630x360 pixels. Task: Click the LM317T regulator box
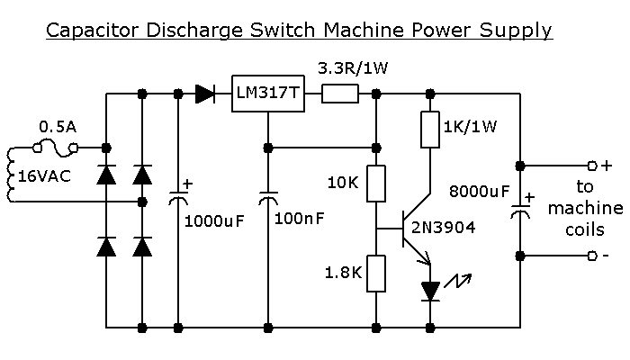pos(268,94)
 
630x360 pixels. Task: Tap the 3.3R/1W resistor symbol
pos(340,94)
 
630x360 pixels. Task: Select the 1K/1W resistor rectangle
pos(430,130)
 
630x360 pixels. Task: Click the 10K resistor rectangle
pos(376,184)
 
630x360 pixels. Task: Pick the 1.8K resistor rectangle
pos(376,274)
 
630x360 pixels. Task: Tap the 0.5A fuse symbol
pos(55,148)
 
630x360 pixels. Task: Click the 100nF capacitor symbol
pos(268,199)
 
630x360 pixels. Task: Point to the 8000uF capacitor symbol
pos(520,211)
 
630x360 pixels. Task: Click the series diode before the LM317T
pos(205,94)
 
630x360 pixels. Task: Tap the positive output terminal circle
pos(592,166)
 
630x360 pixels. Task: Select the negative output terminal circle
pos(592,256)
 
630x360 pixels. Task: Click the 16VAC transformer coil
pos(11,175)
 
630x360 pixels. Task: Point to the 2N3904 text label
pos(443,228)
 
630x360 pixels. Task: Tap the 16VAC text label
pos(45,176)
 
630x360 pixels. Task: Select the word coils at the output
pos(585,229)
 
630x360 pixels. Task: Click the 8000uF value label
pos(479,192)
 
